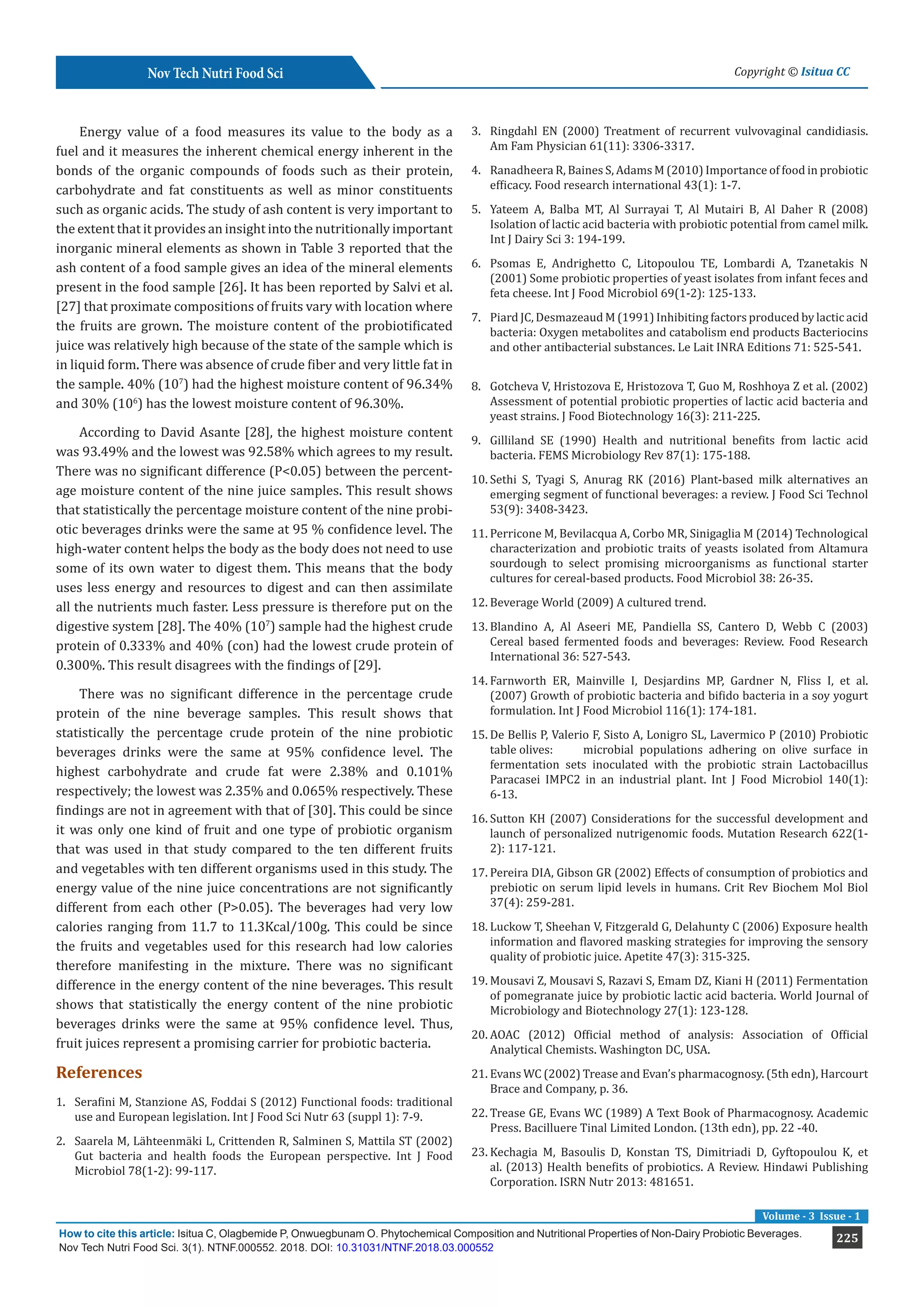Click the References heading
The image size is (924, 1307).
[99, 1072]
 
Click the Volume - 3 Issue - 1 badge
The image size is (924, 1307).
[810, 1216]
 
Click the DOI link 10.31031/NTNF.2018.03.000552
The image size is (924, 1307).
[414, 1247]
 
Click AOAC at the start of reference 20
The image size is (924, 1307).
[505, 1035]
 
